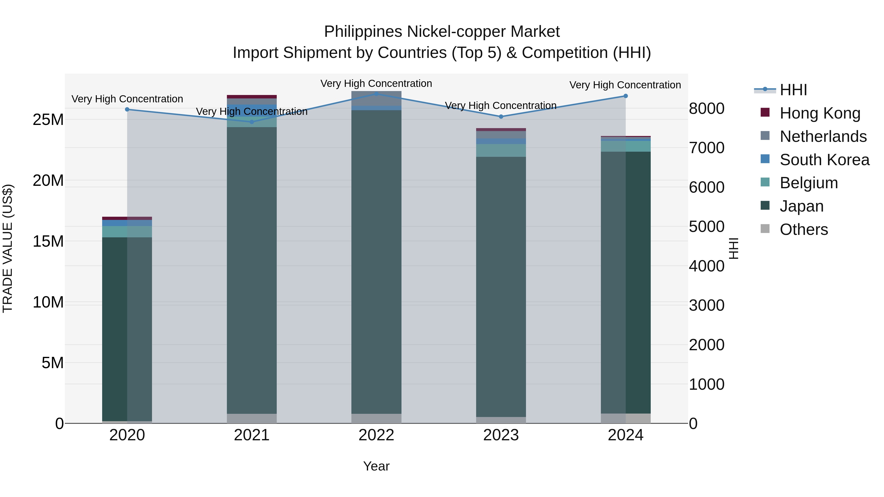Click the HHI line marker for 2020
point(127,109)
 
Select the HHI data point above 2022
point(376,94)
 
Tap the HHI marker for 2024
point(626,96)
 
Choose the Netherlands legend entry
point(823,136)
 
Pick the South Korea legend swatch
point(765,159)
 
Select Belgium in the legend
point(809,183)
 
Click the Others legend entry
point(803,229)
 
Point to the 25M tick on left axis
point(48,120)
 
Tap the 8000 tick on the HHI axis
point(706,108)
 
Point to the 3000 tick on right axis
point(706,305)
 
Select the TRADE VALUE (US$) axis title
point(8,248)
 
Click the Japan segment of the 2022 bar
point(376,261)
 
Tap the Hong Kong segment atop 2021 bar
point(251,97)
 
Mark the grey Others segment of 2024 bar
point(626,418)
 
